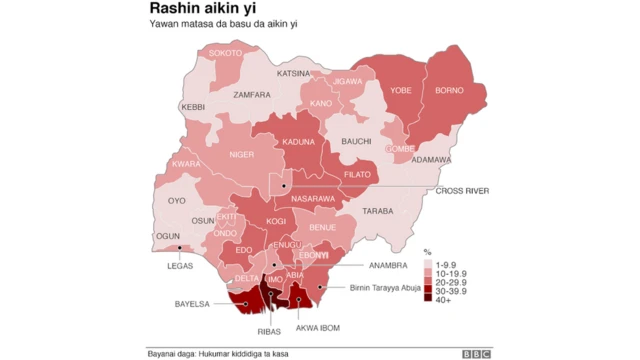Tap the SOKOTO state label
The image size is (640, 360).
226,52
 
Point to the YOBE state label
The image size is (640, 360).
400,89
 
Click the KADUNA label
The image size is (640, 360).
298,143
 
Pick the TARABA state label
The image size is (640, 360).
378,211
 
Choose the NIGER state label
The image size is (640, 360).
242,155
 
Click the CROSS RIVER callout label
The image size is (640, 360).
462,190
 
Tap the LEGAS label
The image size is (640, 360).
180,266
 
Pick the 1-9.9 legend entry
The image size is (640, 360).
444,262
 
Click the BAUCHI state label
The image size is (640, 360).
356,142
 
